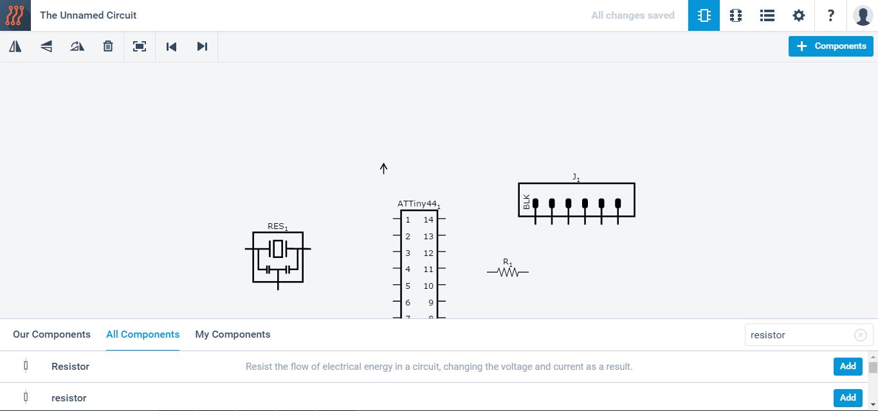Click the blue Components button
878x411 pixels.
pyautogui.click(x=830, y=46)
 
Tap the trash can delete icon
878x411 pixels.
pyautogui.click(x=108, y=46)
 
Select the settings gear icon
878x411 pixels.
pyautogui.click(x=798, y=15)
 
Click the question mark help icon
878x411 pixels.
pyautogui.click(x=830, y=15)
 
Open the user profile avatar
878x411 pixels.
pyautogui.click(x=863, y=15)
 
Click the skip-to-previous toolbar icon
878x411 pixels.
pyautogui.click(x=171, y=46)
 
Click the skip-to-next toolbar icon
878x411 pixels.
pyautogui.click(x=202, y=46)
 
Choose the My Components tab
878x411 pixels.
pyautogui.click(x=233, y=334)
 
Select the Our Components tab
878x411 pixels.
pyautogui.click(x=51, y=334)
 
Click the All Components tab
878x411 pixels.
pyautogui.click(x=143, y=334)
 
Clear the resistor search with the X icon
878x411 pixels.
pyautogui.click(x=861, y=335)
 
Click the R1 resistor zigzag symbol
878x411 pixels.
pyautogui.click(x=508, y=272)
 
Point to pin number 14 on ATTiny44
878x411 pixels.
pyautogui.click(x=428, y=220)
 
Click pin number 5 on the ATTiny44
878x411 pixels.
pyautogui.click(x=408, y=286)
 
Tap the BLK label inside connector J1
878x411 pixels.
pyautogui.click(x=526, y=202)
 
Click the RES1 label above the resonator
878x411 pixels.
pyautogui.click(x=277, y=226)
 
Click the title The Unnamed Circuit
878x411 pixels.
pyautogui.click(x=88, y=15)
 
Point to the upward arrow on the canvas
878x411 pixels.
pyautogui.click(x=383, y=169)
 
